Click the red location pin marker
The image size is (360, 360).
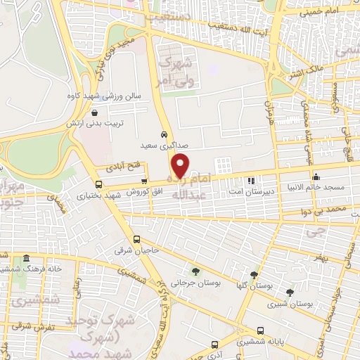pyautogui.click(x=181, y=165)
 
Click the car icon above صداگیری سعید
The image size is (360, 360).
pyautogui.click(x=164, y=134)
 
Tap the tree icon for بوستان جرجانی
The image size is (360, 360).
pyautogui.click(x=195, y=270)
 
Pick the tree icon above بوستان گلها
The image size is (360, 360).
pyautogui.click(x=254, y=275)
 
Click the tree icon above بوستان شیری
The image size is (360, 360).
pyautogui.click(x=290, y=291)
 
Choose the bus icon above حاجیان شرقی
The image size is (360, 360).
pyautogui.click(x=137, y=238)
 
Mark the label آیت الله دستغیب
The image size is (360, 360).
pyautogui.click(x=226, y=26)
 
